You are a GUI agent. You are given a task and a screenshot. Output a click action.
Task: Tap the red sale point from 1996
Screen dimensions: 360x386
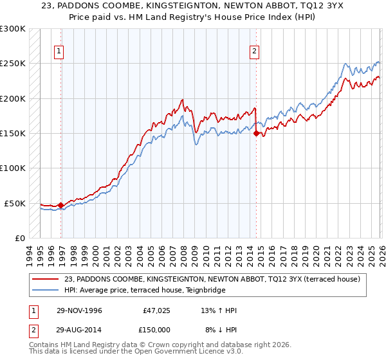[x=61, y=206]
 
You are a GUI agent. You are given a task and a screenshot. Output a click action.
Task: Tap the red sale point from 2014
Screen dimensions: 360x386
[x=256, y=134]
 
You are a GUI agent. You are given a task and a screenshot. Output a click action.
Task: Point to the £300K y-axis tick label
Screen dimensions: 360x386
[x=13, y=29]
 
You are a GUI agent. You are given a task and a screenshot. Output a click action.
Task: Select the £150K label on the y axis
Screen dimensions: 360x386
[x=13, y=133]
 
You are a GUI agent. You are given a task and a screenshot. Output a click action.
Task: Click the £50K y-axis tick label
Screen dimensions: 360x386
[x=15, y=203]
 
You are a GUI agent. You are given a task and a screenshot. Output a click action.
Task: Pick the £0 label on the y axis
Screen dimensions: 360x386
[x=19, y=238]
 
